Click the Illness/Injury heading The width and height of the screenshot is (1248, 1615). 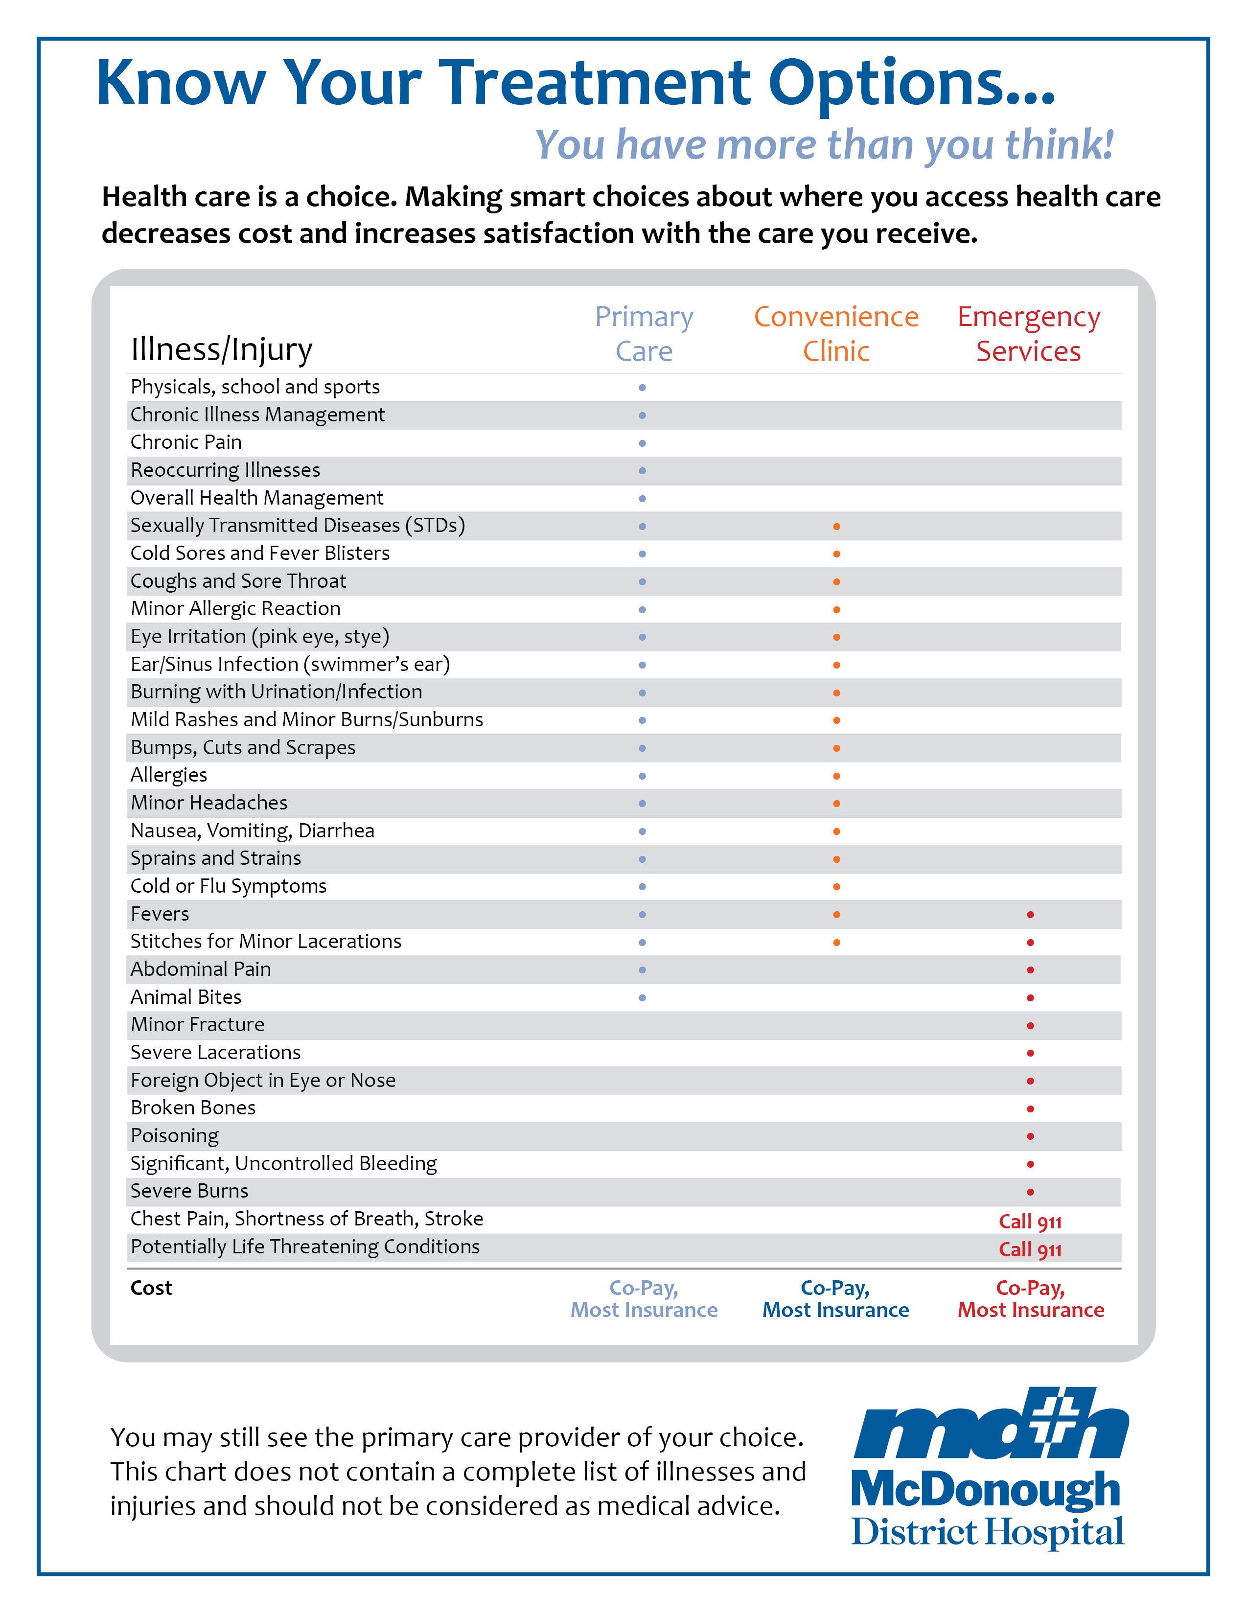click(x=221, y=349)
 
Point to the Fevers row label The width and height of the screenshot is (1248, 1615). click(x=160, y=914)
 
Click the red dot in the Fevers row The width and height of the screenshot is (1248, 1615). click(x=1030, y=915)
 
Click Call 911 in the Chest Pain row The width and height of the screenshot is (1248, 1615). click(x=1030, y=1222)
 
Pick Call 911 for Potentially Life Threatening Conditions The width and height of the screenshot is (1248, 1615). click(x=1030, y=1250)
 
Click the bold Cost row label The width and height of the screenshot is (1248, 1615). click(x=151, y=1288)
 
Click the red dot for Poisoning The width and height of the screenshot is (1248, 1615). click(x=1030, y=1136)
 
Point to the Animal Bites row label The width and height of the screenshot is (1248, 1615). click(x=185, y=997)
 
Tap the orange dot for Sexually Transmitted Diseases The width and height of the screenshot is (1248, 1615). click(x=836, y=527)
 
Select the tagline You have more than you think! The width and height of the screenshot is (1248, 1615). click(x=824, y=144)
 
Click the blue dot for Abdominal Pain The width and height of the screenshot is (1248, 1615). click(x=643, y=970)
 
